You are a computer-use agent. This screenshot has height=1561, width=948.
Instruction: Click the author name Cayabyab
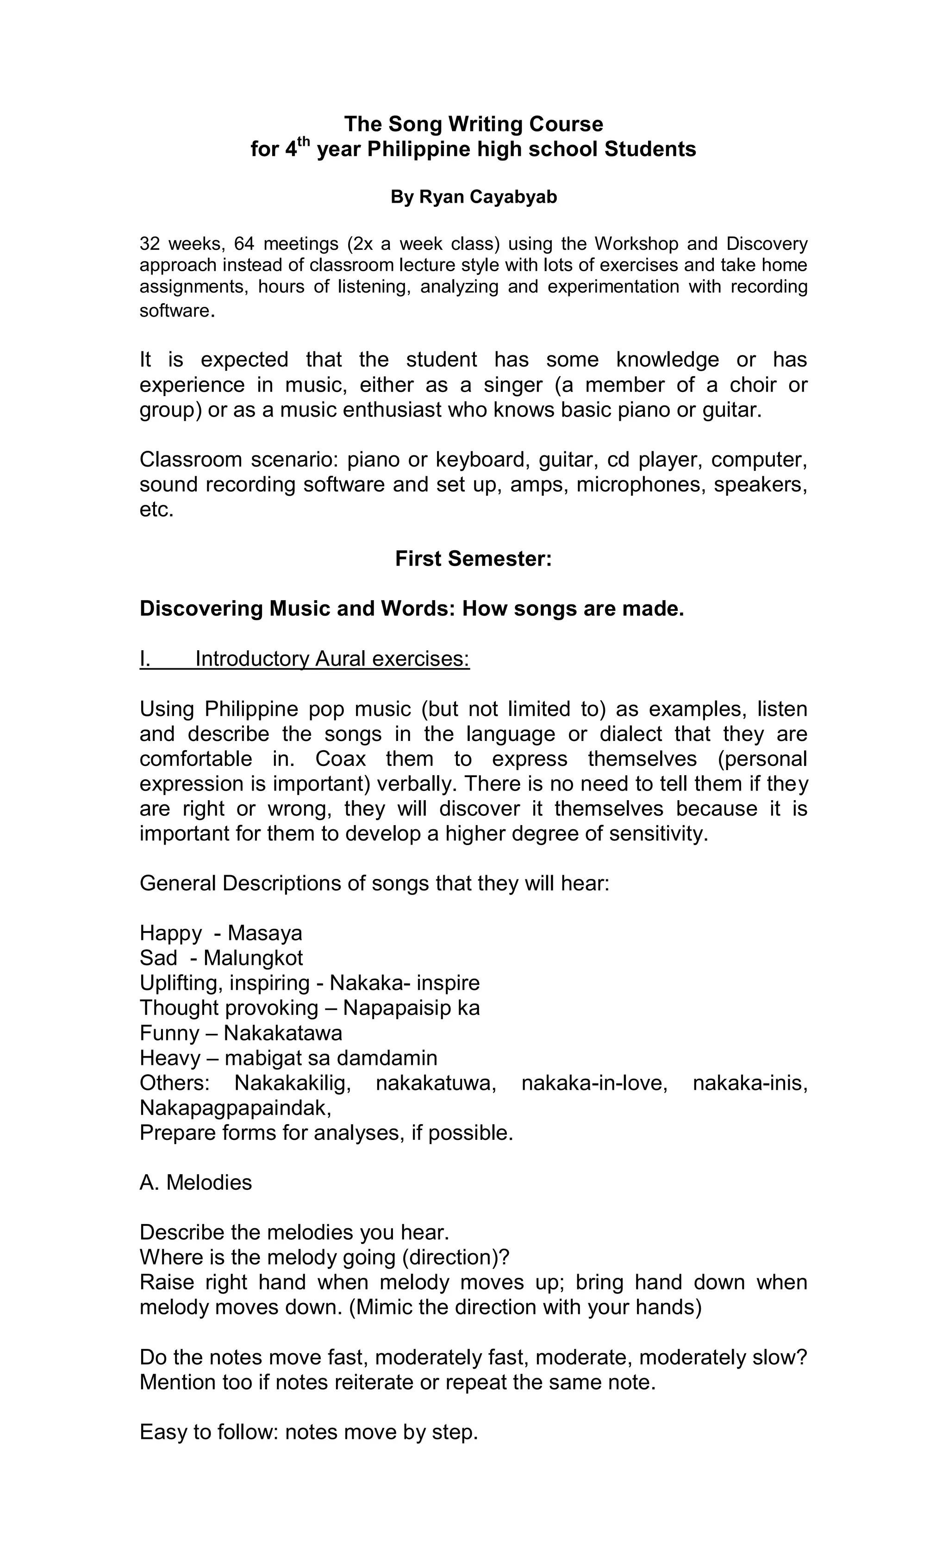click(x=510, y=197)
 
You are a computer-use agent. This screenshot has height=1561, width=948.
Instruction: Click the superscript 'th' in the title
click(x=303, y=141)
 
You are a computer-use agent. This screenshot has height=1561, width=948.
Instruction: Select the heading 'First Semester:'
click(x=474, y=559)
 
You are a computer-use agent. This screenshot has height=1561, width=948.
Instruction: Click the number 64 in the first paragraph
click(x=244, y=243)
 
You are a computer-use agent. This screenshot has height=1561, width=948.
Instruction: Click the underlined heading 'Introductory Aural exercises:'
click(x=332, y=659)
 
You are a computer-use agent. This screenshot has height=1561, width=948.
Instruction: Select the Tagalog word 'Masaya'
click(x=265, y=933)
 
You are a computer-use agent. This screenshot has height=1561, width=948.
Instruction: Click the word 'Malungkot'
click(x=253, y=958)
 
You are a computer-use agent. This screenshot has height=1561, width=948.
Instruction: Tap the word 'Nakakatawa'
click(x=283, y=1033)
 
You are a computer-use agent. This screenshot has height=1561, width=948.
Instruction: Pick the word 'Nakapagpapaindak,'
click(x=235, y=1108)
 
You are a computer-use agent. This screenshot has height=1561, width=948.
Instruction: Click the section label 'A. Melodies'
click(x=195, y=1183)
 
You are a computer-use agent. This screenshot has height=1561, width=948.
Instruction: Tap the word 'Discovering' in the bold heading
click(x=201, y=609)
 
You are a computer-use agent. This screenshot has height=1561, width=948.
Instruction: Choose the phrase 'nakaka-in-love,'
click(x=594, y=1083)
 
